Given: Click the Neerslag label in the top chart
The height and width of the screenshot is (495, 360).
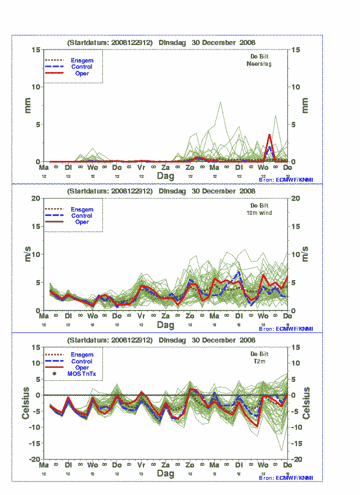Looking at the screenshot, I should point(259,64).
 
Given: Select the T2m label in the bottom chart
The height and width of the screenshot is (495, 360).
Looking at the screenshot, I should point(259,362).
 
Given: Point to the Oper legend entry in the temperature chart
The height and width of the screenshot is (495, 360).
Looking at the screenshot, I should point(82,368).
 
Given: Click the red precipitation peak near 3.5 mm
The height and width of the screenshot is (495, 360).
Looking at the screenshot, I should point(269,135).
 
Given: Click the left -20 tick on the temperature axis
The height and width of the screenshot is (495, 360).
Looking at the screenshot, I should point(34,460).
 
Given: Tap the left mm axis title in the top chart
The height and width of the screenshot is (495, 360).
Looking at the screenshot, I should point(26,106).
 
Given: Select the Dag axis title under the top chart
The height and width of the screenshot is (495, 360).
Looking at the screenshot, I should point(165,176).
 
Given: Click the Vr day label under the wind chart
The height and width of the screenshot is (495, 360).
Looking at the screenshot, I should point(141,317).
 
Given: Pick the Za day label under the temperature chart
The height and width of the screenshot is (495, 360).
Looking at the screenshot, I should point(165,466).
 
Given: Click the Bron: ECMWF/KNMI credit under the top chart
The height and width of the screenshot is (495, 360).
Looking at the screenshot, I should point(286,179).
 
